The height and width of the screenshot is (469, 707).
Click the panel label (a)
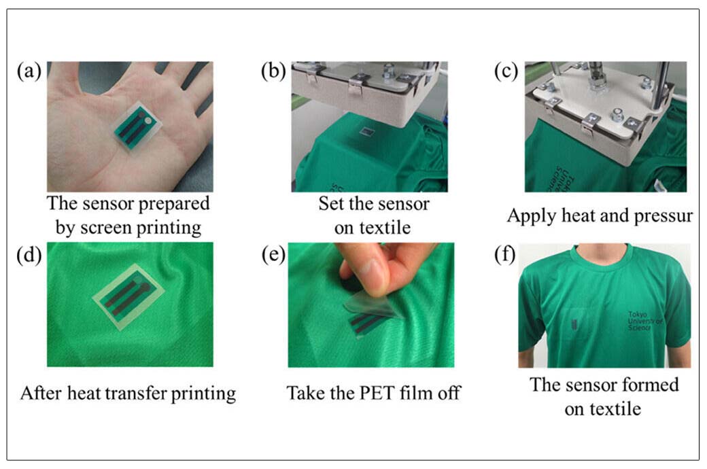(x=29, y=71)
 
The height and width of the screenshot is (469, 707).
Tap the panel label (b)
(x=273, y=71)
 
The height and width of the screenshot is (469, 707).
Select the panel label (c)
(x=506, y=71)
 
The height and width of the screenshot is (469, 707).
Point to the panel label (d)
(x=29, y=255)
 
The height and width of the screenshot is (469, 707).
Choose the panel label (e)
(x=273, y=255)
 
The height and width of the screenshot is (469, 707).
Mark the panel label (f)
(x=505, y=255)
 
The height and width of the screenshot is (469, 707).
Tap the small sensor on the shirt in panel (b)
(x=366, y=131)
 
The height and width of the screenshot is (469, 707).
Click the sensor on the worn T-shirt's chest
(x=574, y=324)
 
